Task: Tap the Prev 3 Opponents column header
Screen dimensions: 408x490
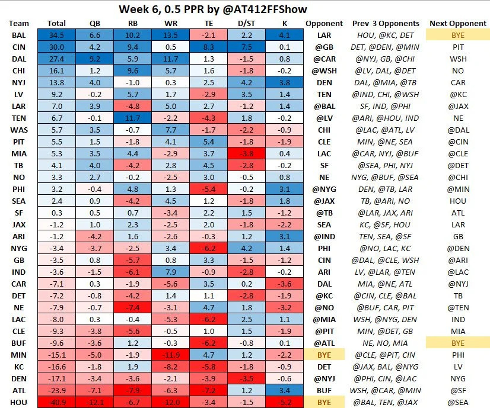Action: click(x=386, y=24)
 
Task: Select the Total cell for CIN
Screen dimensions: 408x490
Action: click(x=56, y=47)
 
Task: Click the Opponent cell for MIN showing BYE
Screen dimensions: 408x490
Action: click(x=323, y=355)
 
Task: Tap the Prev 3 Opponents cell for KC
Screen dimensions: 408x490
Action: click(x=386, y=367)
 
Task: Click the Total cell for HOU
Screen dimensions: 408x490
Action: click(x=56, y=402)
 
